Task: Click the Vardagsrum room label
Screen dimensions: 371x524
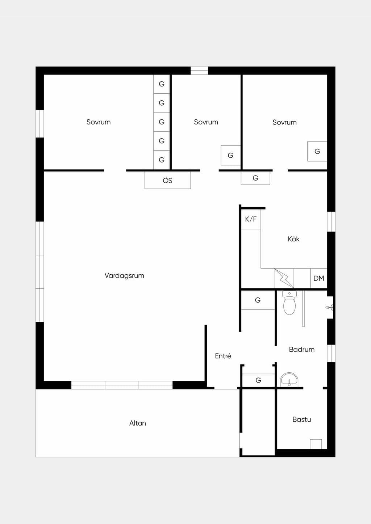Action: pyautogui.click(x=124, y=275)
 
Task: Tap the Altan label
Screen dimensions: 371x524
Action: pyautogui.click(x=138, y=423)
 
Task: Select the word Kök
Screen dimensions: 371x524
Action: pyautogui.click(x=294, y=239)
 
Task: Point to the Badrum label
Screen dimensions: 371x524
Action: pyautogui.click(x=302, y=350)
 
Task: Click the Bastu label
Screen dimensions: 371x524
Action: pyautogui.click(x=302, y=419)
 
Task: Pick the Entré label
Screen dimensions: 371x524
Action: pyautogui.click(x=223, y=356)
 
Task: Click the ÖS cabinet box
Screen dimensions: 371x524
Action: pyautogui.click(x=168, y=180)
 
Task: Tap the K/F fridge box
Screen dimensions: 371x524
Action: pyautogui.click(x=251, y=219)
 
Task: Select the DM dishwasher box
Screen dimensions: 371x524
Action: pyautogui.click(x=318, y=278)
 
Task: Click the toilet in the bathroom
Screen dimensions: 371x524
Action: pyautogui.click(x=289, y=303)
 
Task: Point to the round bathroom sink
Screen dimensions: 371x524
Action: pyautogui.click(x=289, y=380)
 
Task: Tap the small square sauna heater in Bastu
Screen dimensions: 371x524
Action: pyautogui.click(x=316, y=444)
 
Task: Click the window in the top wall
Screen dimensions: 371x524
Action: pyautogui.click(x=199, y=71)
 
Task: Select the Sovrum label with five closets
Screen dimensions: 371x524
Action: pyautogui.click(x=99, y=122)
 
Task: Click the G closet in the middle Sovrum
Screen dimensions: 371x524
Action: pyautogui.click(x=231, y=155)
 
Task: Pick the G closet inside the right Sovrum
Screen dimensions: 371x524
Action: pyautogui.click(x=317, y=151)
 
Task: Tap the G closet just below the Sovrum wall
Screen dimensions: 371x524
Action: pyautogui.click(x=255, y=178)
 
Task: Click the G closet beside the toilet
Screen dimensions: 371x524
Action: pyautogui.click(x=258, y=300)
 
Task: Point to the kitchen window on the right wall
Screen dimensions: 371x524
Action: pyautogui.click(x=331, y=221)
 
